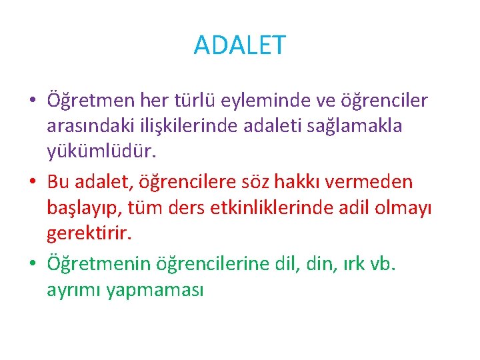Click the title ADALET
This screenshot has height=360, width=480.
coord(239,45)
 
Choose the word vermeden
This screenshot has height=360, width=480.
coord(381,182)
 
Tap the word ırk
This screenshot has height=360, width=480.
coord(353,264)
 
